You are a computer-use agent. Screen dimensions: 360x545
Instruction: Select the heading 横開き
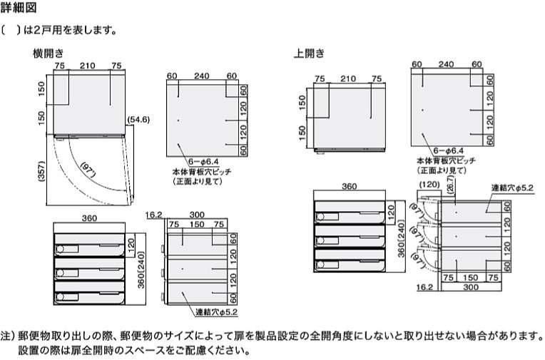pyautogui.click(x=49, y=53)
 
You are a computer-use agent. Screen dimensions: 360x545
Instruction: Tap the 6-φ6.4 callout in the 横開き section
pyautogui.click(x=202, y=163)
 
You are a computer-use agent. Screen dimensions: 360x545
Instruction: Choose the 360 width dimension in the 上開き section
pyautogui.click(x=349, y=186)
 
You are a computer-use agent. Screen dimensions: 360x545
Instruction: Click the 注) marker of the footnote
pyautogui.click(x=8, y=335)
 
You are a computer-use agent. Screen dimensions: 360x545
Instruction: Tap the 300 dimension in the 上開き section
pyautogui.click(x=469, y=289)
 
